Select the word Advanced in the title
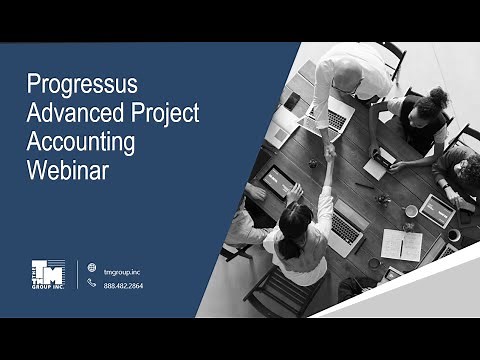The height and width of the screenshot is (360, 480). (71, 112)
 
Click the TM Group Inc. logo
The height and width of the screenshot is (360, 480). (47, 274)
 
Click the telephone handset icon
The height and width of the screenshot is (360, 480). (92, 284)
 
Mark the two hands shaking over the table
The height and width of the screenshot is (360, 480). (329, 153)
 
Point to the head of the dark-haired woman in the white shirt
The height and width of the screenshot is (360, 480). (297, 215)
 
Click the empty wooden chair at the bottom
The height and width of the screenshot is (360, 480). (270, 290)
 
